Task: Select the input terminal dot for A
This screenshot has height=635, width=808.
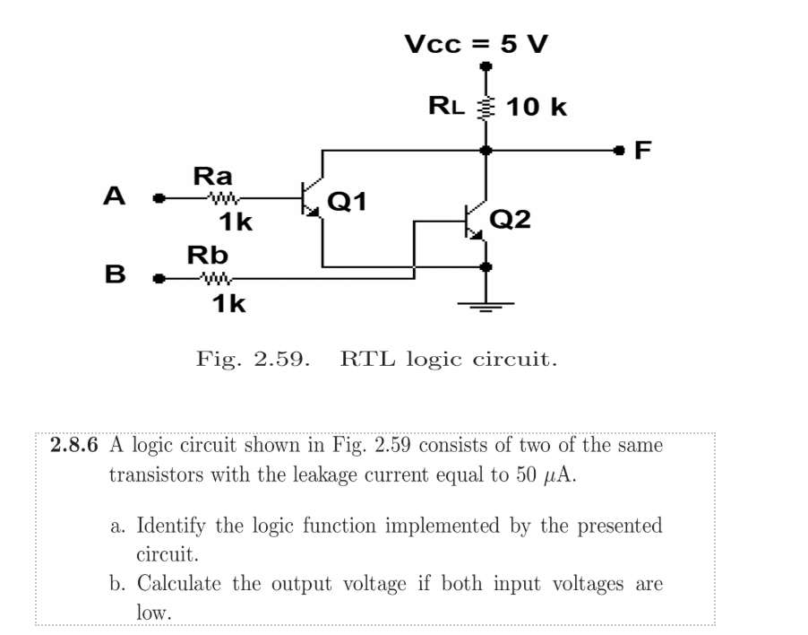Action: pos(160,198)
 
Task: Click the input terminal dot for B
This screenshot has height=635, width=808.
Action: pos(160,278)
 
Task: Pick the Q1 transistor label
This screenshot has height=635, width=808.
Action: pos(348,200)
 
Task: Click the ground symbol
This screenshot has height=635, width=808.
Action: pos(486,307)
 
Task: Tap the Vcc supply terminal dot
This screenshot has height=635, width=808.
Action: pos(486,65)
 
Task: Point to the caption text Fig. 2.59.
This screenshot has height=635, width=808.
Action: pos(254,361)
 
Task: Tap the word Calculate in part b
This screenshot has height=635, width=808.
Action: pos(184,585)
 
